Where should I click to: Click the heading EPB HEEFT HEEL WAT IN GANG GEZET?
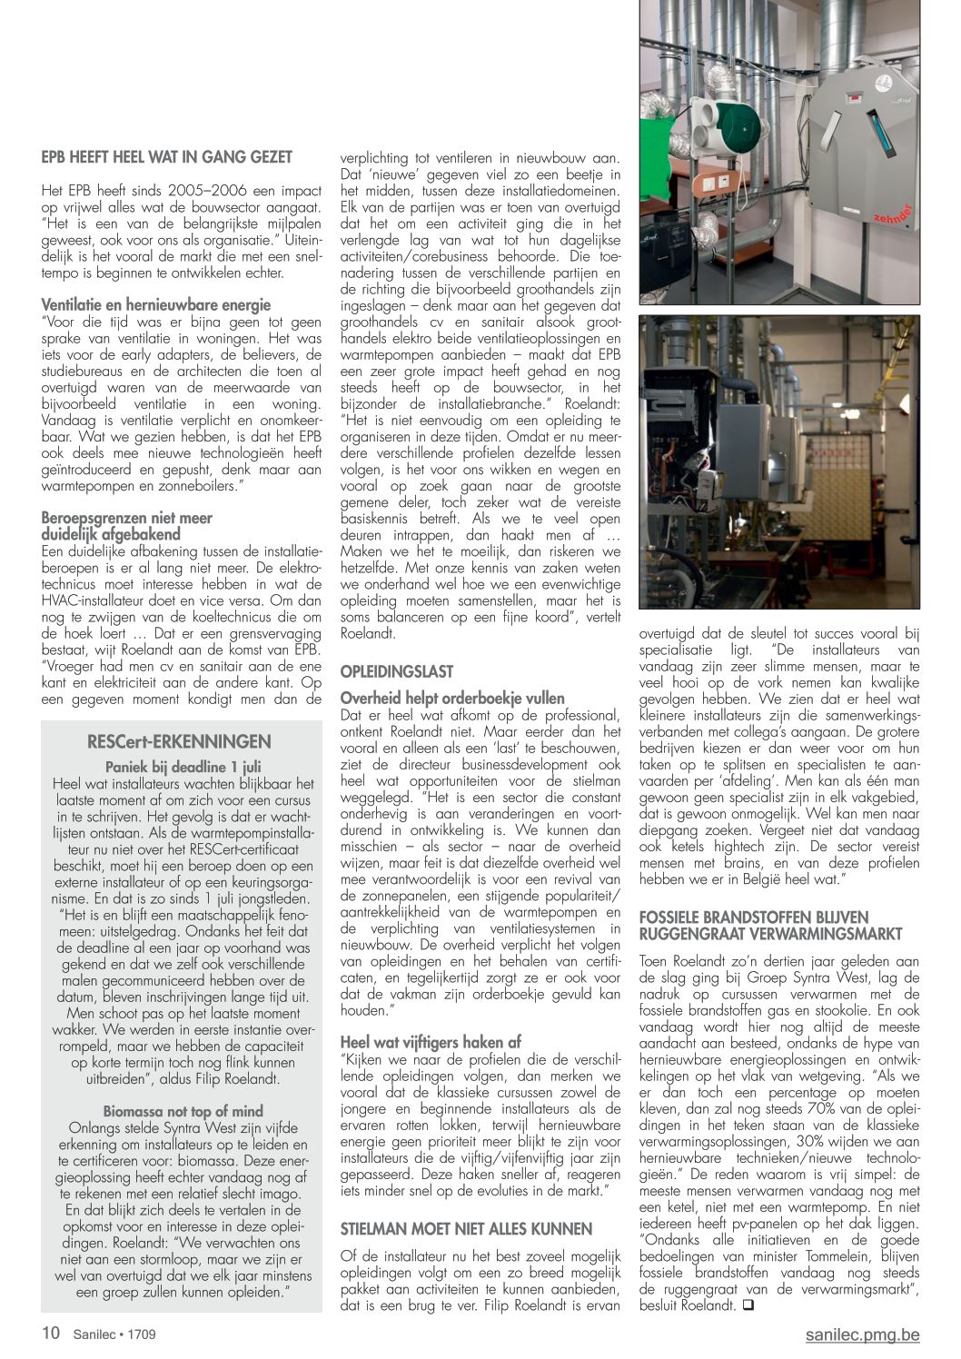167,157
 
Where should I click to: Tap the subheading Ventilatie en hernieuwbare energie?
156,305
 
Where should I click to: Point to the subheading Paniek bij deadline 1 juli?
183,767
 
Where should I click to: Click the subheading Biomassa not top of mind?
183,1111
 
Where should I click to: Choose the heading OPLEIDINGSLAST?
396,671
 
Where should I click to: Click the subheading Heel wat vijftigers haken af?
431,1042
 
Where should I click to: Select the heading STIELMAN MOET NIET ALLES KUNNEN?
466,1229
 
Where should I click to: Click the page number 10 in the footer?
51,1334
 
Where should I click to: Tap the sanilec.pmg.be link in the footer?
862,1334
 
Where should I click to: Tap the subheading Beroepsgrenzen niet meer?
126,518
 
